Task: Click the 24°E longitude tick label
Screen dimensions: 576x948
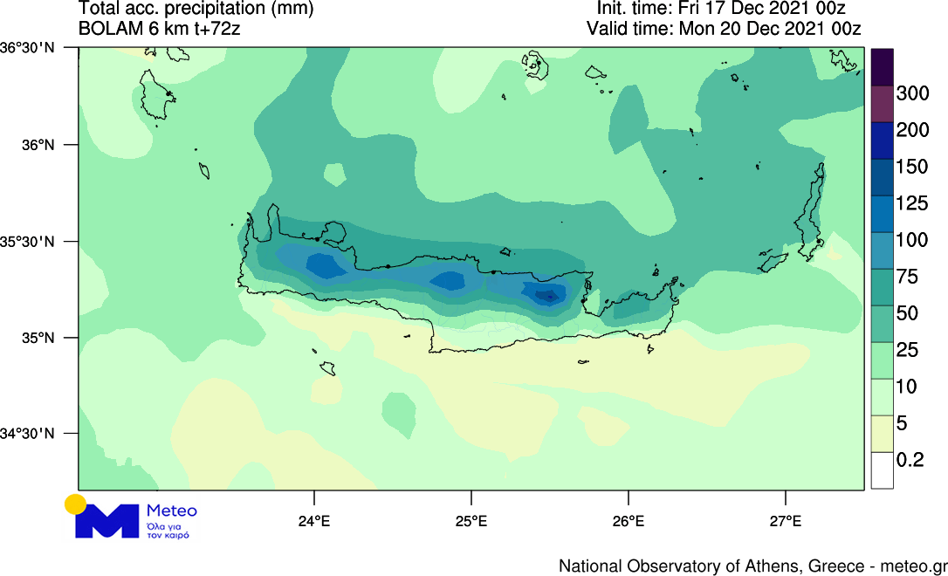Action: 314,522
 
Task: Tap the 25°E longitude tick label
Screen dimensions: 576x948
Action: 471,522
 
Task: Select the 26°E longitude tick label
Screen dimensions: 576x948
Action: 629,522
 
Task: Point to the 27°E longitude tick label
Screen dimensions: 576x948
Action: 786,522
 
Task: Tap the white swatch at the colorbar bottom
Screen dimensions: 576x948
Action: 882,472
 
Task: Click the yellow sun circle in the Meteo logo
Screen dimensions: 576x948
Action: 75,504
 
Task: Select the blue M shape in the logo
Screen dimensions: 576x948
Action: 106,521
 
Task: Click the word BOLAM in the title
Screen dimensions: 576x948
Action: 108,28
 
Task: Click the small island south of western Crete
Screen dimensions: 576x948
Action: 327,367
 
